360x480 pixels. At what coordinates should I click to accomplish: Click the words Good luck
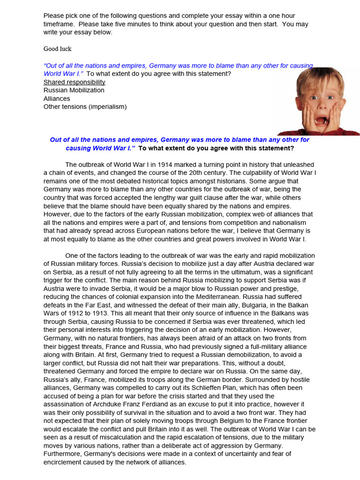point(58,49)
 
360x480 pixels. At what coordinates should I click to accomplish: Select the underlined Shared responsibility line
point(75,82)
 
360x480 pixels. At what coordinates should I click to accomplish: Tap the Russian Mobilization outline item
point(74,90)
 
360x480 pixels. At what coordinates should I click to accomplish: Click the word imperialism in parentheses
point(109,106)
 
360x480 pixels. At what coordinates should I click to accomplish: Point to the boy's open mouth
point(321,121)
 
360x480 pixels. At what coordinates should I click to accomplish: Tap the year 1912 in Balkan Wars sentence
point(74,313)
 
